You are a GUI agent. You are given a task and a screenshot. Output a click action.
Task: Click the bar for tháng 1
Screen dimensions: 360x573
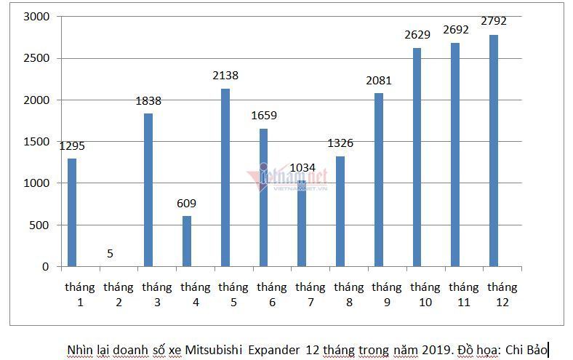pyautogui.click(x=71, y=212)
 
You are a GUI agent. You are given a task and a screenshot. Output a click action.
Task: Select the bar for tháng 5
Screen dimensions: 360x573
pyautogui.click(x=225, y=177)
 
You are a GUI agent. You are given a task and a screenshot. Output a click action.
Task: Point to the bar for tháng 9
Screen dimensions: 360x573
pyautogui.click(x=378, y=180)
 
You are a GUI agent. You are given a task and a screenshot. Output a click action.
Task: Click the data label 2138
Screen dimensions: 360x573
pyautogui.click(x=225, y=76)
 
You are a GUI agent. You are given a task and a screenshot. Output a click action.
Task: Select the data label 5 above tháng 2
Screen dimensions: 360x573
pyautogui.click(x=109, y=253)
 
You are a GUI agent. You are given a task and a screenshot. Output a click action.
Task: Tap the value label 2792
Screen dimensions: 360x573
pyautogui.click(x=494, y=21)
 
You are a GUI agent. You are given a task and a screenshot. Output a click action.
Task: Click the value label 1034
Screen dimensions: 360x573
pyautogui.click(x=302, y=167)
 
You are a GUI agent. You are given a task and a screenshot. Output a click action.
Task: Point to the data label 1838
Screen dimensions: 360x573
pyautogui.click(x=148, y=100)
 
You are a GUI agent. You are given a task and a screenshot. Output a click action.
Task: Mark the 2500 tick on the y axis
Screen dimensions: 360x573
pyautogui.click(x=36, y=58)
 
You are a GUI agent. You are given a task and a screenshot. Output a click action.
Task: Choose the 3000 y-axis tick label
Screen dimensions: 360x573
pyautogui.click(x=36, y=16)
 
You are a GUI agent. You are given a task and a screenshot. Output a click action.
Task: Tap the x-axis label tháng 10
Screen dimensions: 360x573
pyautogui.click(x=425, y=294)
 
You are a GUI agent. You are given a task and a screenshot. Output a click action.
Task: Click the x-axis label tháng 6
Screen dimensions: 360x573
pyautogui.click(x=271, y=294)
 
